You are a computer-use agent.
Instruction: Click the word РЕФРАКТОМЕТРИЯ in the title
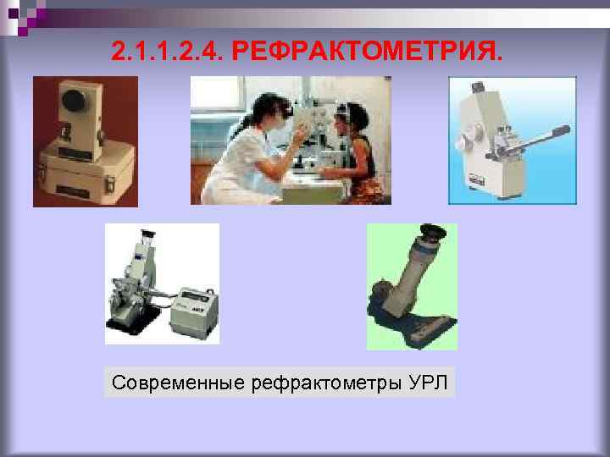(x=366, y=52)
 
